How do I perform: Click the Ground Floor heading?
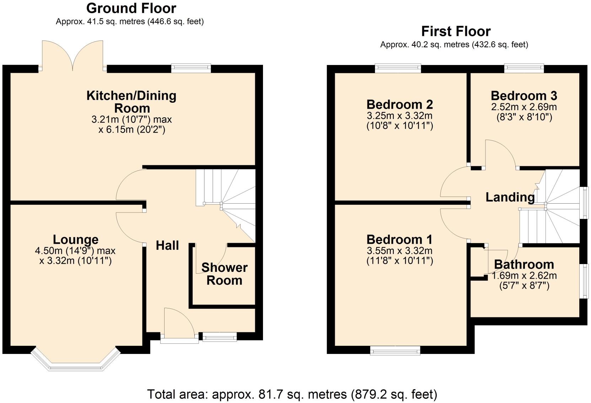[x=131, y=8]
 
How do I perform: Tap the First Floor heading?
[x=456, y=31]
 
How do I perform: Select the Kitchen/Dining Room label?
[x=131, y=102]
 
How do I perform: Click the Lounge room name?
[x=75, y=239]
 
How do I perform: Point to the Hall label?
[x=167, y=245]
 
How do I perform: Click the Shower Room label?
[x=224, y=274]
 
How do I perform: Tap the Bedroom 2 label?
[x=399, y=104]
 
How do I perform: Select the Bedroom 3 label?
[x=524, y=96]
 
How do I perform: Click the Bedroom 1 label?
[x=399, y=239]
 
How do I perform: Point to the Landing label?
[x=510, y=197]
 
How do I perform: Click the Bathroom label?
[x=524, y=264]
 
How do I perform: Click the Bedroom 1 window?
[x=395, y=351]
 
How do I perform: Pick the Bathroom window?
[x=583, y=281]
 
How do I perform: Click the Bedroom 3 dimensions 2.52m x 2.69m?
[x=524, y=107]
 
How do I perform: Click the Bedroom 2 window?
[x=398, y=68]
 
